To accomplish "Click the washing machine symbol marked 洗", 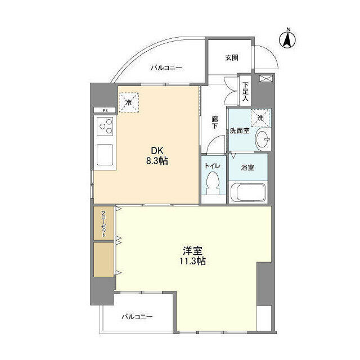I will coord(260,118).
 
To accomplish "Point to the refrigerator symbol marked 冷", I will coord(129,102).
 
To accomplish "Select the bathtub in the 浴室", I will coord(247,192).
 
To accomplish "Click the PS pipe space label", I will coord(105,111).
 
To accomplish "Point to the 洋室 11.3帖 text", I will coord(192,255).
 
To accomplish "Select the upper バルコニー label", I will coord(166,68).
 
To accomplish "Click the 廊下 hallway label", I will coord(214,122).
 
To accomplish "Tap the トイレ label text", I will coord(212,166).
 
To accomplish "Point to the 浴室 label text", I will coord(247,167).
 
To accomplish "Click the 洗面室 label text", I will coord(239,130).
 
